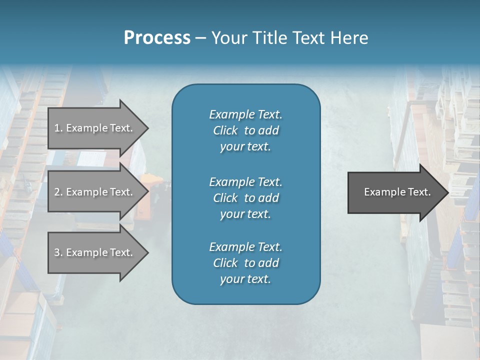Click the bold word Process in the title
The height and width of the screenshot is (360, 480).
(157, 38)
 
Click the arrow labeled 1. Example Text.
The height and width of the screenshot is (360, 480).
(95, 128)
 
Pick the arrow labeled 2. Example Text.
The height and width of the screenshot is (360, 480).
(95, 192)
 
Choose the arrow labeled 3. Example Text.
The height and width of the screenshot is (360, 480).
(95, 252)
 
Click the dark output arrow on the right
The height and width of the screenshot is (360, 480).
(395, 192)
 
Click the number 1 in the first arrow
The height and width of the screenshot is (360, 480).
(57, 128)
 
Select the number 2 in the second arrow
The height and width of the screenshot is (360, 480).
(57, 192)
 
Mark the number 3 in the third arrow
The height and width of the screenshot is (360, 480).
(57, 252)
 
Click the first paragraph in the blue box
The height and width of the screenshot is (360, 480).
(245, 130)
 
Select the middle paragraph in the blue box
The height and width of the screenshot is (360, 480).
(245, 198)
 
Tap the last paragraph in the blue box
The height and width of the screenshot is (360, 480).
(245, 263)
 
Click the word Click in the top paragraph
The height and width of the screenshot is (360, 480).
(225, 130)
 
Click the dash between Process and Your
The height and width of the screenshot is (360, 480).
(201, 38)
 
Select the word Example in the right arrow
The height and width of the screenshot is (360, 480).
(381, 192)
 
